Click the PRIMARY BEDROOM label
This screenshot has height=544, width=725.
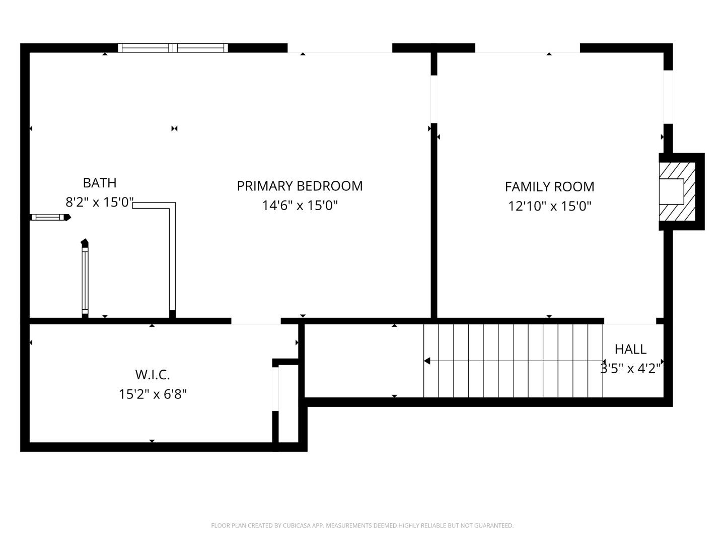300,186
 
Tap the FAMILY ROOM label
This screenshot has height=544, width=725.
549,187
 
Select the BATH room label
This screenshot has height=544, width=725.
100,183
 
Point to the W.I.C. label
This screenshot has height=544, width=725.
152,375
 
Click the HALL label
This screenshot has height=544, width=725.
630,349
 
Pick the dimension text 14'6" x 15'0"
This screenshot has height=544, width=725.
300,206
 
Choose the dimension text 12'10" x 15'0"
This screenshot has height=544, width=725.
549,207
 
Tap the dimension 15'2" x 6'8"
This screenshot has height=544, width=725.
153,394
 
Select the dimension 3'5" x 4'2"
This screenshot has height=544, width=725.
630,369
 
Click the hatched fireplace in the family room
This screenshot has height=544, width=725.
677,191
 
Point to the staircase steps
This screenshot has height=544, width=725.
514,361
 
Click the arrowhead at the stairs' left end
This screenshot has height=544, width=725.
427,361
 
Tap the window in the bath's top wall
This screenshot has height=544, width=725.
173,48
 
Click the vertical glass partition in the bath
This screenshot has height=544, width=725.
85,280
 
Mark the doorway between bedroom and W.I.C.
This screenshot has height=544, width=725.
256,321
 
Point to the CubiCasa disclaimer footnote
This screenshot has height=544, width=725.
362,525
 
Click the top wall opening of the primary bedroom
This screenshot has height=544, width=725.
340,48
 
